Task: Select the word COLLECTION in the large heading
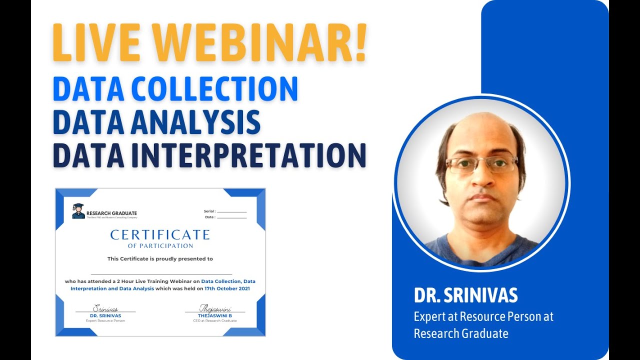pos(224,89)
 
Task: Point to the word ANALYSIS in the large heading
pos(195,122)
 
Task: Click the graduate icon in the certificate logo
pos(78,211)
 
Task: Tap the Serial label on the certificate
pos(209,211)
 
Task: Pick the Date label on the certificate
pos(210,217)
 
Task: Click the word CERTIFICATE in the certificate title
pos(160,235)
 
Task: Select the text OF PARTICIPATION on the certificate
pos(160,246)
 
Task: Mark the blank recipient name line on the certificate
pos(161,274)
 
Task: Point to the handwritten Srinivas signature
pos(105,309)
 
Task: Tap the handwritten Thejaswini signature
pos(214,308)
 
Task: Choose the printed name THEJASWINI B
pos(215,315)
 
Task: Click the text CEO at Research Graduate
pos(215,320)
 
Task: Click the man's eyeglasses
pos(481,164)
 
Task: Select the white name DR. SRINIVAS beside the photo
pos(465,295)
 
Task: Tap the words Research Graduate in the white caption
pos(461,333)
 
